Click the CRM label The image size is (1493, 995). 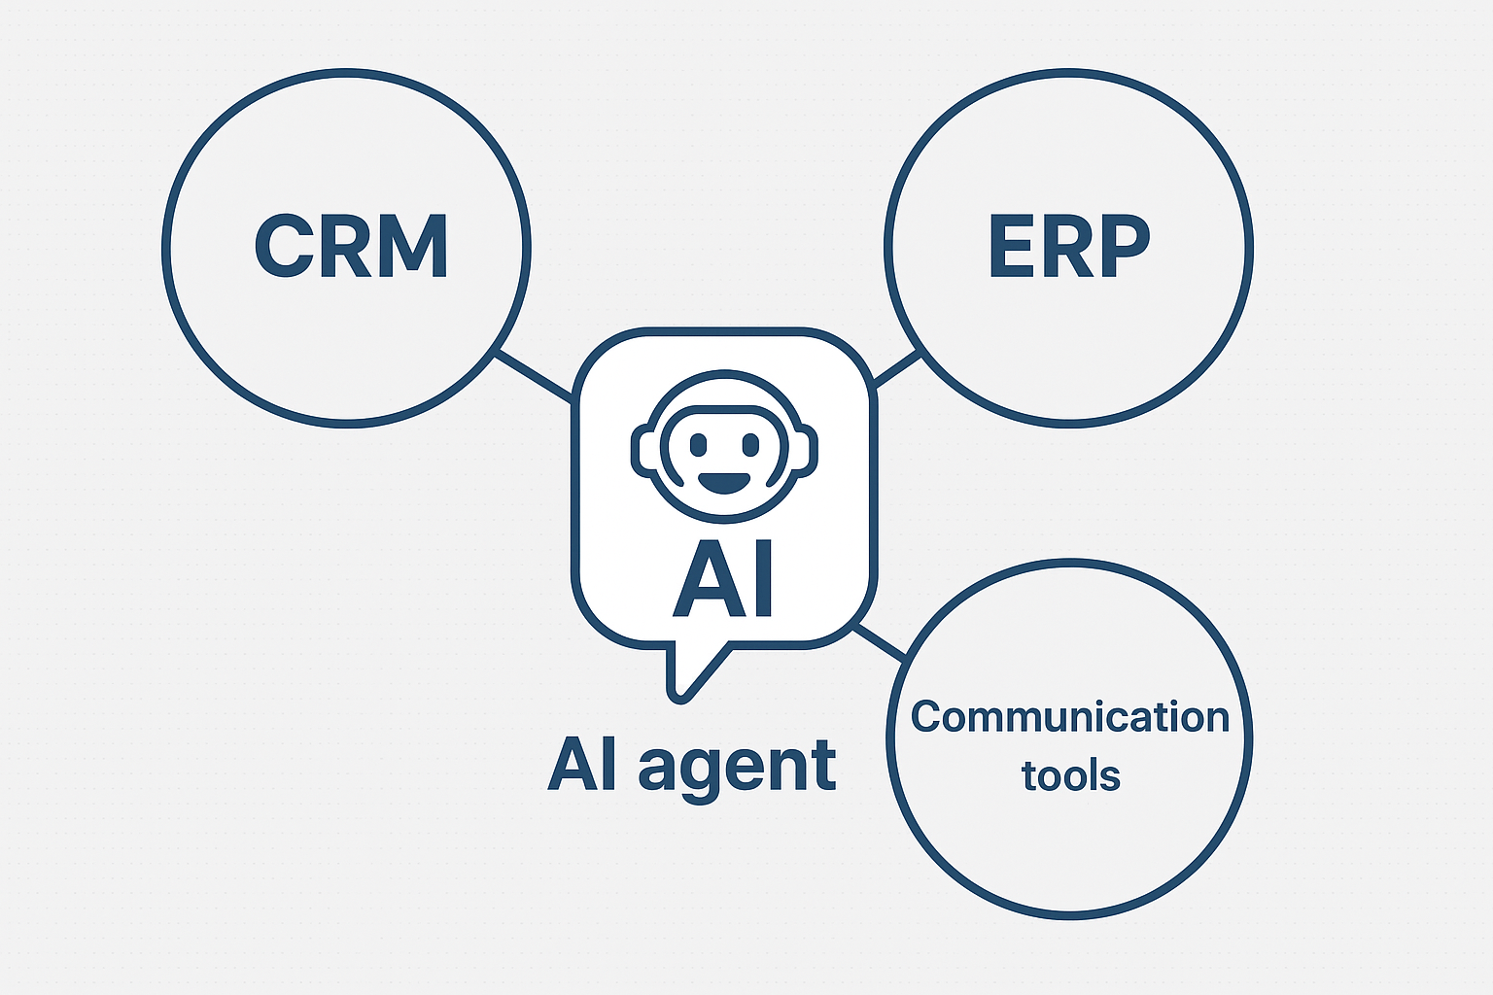click(351, 246)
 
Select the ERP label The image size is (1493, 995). click(1068, 246)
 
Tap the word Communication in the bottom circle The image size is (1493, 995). click(1070, 717)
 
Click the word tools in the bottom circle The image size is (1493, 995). click(1071, 776)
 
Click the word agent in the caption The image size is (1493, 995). click(737, 767)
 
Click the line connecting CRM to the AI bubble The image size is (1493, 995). click(534, 376)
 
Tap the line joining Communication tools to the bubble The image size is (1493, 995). click(879, 644)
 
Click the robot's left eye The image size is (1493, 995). click(698, 444)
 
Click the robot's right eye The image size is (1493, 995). click(750, 444)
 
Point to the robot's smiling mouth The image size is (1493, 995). click(724, 481)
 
